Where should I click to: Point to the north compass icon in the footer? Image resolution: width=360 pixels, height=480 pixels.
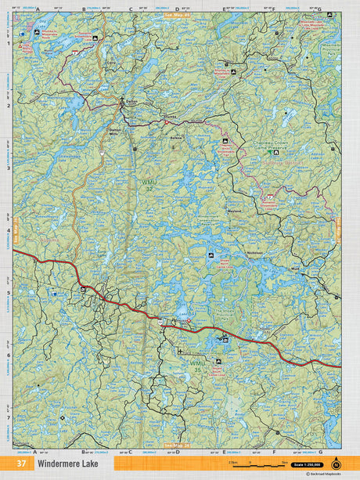point(337,460)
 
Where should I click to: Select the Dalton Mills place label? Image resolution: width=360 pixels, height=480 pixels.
point(117,132)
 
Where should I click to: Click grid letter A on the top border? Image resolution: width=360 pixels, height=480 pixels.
point(37,9)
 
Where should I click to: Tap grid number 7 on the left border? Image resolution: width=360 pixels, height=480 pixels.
point(9,419)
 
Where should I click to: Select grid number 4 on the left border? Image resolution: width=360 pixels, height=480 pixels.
point(9,231)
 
